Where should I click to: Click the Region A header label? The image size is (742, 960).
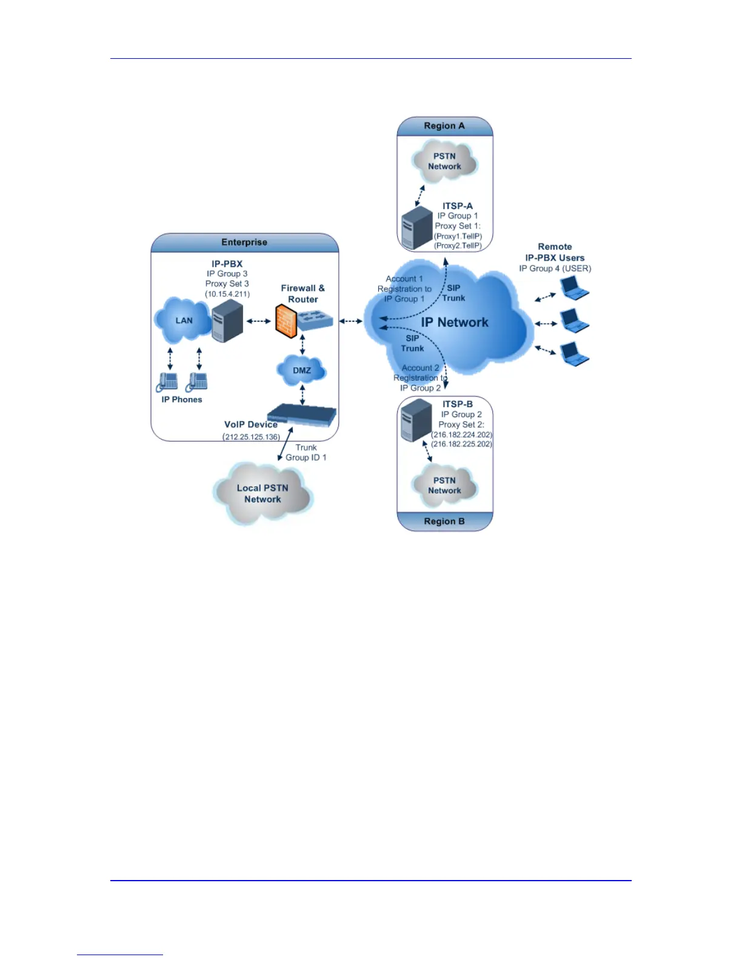444,126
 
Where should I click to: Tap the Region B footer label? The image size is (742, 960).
444,521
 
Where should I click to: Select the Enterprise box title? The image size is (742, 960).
244,242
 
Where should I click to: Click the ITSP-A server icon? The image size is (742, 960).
417,228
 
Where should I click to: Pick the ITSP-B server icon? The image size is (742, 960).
416,420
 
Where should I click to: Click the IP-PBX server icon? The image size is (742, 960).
227,321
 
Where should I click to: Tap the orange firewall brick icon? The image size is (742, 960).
286,321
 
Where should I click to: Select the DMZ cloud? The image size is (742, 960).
302,370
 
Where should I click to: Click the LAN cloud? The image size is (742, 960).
183,321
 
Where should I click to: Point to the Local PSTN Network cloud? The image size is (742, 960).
262,493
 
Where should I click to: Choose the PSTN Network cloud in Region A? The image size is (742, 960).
444,161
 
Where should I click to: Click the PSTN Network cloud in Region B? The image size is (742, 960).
444,485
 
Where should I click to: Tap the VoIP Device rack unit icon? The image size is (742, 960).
302,415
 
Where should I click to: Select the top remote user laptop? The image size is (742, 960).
573,288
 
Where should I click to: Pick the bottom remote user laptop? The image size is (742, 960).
573,354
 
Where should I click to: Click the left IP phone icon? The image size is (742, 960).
168,382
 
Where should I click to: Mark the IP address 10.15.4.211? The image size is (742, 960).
227,294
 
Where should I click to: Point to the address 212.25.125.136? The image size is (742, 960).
252,437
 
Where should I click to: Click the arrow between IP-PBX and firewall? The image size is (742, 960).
259,321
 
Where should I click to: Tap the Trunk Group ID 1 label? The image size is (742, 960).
306,453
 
